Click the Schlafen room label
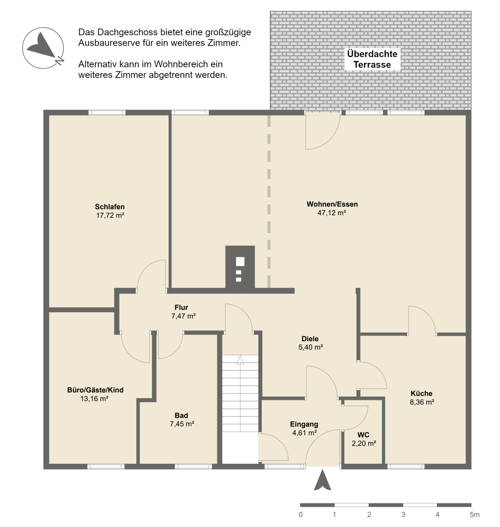110,207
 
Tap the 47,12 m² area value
332,213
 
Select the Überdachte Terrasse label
372,59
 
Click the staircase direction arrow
240,360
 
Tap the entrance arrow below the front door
322,480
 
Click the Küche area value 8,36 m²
422,402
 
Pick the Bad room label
181,415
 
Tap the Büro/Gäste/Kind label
95,390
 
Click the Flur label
181,307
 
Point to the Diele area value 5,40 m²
310,347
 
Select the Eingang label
304,424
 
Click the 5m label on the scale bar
475,515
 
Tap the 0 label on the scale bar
300,515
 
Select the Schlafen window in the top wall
107,112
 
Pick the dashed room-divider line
269,202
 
